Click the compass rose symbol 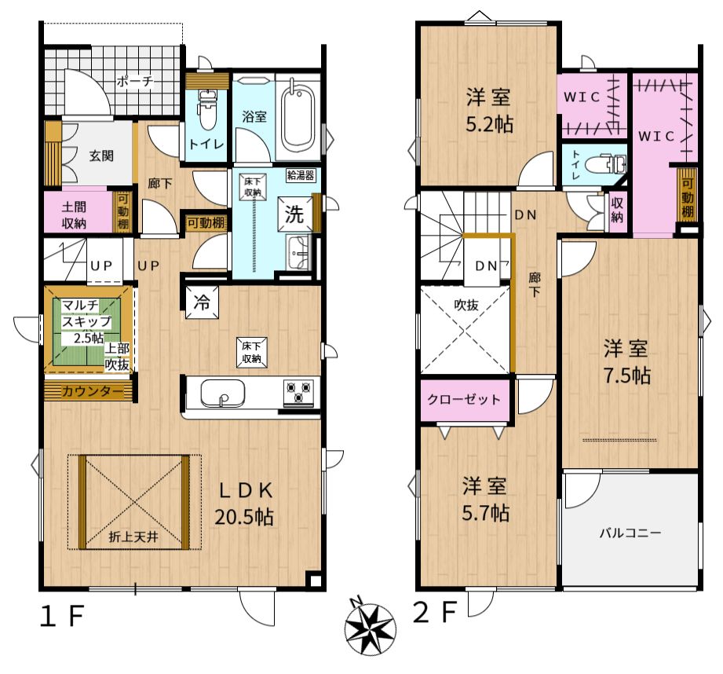point(371,628)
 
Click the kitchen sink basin point(223,394)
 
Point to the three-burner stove point(298,393)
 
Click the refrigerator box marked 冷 point(202,302)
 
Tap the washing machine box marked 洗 point(294,214)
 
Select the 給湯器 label point(301,175)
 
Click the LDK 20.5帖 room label point(244,504)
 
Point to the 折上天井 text point(133,537)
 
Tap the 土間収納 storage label point(75,215)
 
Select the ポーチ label point(135,82)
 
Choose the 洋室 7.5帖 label point(626,362)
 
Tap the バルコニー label point(630,533)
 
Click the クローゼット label point(464,399)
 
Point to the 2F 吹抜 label point(466,305)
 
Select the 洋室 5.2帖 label point(489,112)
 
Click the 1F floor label point(62,617)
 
